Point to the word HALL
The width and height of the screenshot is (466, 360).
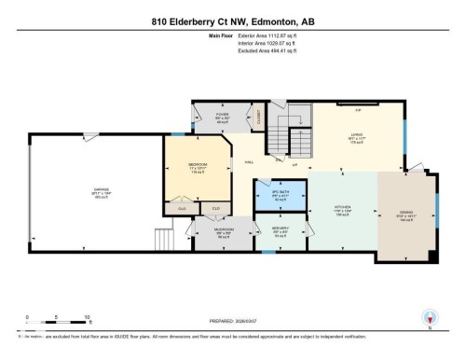pyautogui.click(x=250, y=162)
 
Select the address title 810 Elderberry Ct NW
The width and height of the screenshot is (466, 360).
pyautogui.click(x=232, y=21)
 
